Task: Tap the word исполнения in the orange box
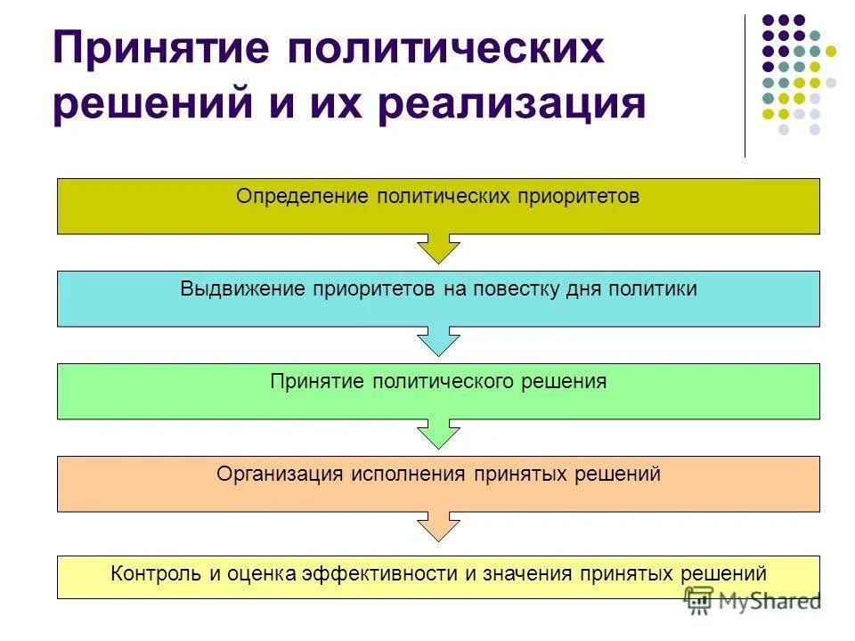click(x=407, y=474)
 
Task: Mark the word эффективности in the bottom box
click(x=379, y=573)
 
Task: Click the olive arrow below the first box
click(x=438, y=248)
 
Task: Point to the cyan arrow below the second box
click(x=438, y=341)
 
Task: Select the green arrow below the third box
click(x=438, y=434)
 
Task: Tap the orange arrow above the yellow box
click(x=438, y=526)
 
